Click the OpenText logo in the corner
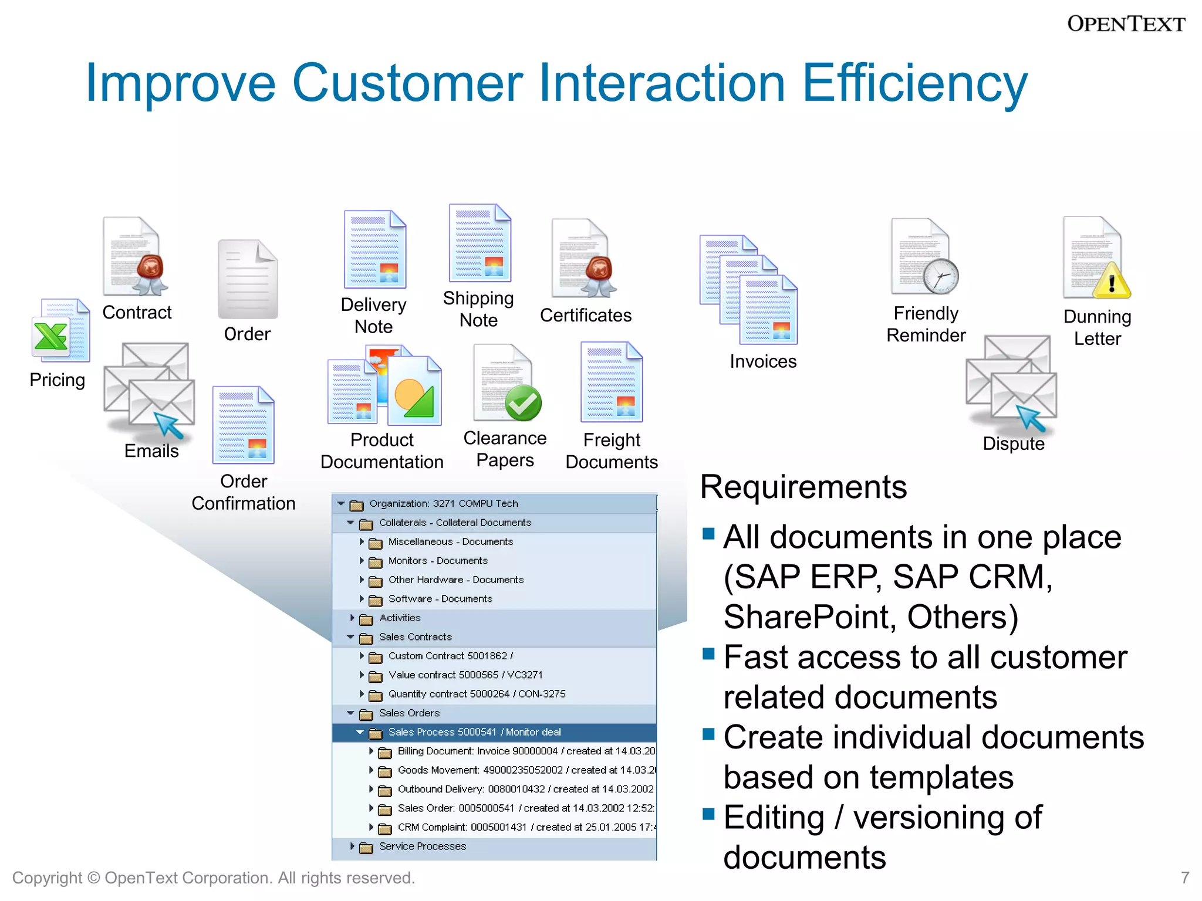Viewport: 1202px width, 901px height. tap(1125, 24)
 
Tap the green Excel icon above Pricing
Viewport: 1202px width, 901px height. tap(51, 337)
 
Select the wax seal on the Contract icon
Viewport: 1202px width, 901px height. tap(151, 269)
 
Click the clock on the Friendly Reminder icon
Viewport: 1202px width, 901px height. tap(940, 276)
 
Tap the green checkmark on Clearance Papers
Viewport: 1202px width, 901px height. tap(523, 403)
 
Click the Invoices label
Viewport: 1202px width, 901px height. tap(762, 361)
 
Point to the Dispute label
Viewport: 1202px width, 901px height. tap(1013, 443)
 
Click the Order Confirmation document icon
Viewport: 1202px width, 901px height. tap(243, 425)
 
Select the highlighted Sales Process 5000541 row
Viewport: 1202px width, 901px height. tap(474, 732)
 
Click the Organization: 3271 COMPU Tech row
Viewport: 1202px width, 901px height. tap(444, 503)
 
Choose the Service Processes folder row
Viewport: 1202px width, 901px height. tap(422, 846)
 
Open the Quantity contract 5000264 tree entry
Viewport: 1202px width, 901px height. tap(477, 694)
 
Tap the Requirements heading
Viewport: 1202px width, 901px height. tap(803, 487)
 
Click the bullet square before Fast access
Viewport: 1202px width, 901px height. tap(708, 653)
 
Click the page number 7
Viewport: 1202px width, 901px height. tap(1184, 878)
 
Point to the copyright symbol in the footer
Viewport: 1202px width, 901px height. tap(93, 878)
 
